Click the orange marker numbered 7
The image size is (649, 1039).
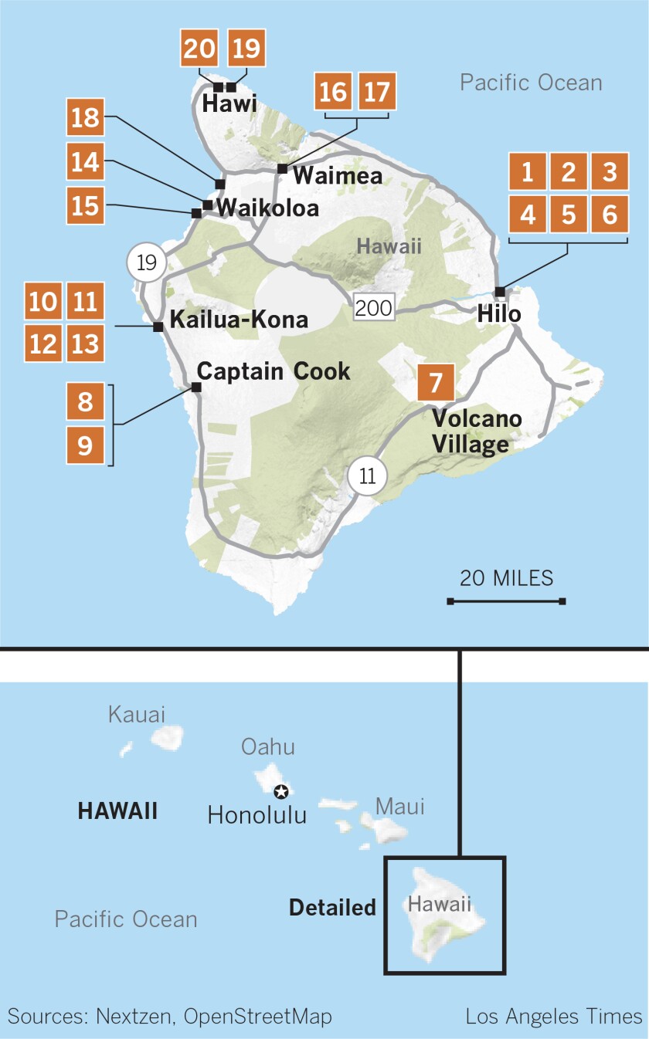436,383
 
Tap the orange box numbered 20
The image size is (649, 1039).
200,49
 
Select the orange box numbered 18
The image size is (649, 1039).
85,118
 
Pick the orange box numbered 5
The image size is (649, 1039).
569,214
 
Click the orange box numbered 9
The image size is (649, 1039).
85,445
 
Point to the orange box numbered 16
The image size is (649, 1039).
333,93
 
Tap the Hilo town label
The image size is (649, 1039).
499,314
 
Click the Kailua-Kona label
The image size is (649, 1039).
239,320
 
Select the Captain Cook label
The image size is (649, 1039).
274,371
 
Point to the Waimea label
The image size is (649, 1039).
338,176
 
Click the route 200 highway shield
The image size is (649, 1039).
375,307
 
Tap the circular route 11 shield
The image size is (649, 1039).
368,476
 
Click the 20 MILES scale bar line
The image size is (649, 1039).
506,601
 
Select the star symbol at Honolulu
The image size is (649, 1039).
281,791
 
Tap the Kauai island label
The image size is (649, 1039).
137,714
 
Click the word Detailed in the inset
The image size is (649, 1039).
332,908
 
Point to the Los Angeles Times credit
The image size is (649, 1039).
554,1017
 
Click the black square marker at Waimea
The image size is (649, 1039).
283,168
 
